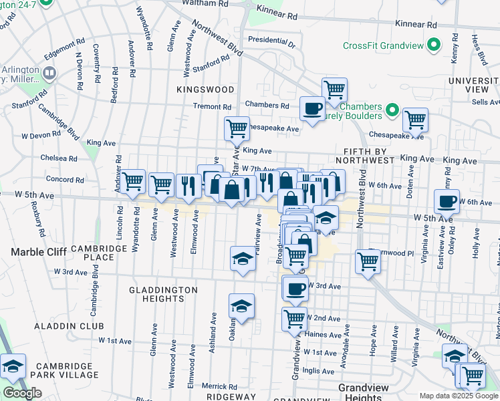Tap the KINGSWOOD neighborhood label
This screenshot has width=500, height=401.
point(205,89)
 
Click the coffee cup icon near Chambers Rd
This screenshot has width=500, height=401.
point(311,108)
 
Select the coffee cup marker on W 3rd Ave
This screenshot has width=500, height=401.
point(295,289)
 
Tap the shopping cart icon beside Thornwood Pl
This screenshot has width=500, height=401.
point(368,261)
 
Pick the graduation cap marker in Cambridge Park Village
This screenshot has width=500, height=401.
point(13,366)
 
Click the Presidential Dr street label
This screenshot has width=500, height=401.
point(271,40)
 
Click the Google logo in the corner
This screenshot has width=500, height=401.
point(22,393)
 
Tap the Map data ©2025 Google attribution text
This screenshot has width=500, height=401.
point(459,396)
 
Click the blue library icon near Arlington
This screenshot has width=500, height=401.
point(49,73)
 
